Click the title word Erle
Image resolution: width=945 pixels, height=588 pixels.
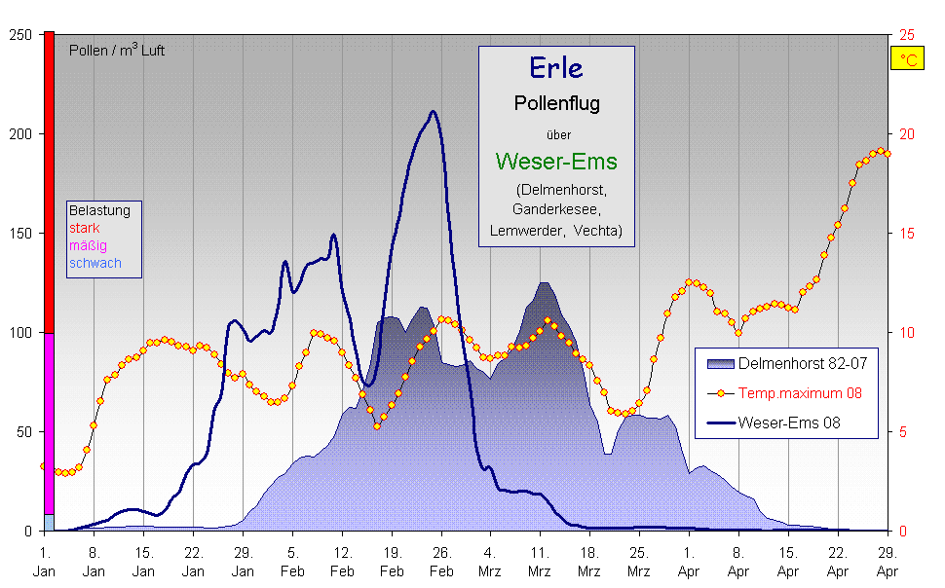coord(556,67)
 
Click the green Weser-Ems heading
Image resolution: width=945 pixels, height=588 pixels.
coord(556,161)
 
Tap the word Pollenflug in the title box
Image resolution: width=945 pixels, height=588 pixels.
coord(556,103)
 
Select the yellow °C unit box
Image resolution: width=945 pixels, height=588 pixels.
coord(908,60)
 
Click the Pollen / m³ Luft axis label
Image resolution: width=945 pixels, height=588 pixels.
coord(117,51)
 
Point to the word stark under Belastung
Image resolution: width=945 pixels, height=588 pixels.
coord(84,228)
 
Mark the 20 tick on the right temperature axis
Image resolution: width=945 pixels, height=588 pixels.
coord(906,134)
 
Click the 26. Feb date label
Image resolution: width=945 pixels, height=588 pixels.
coord(441,562)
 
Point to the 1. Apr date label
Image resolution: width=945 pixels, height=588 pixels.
coord(690,562)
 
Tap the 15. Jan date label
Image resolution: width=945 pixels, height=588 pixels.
coord(143,562)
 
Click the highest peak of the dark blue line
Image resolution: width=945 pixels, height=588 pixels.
coord(433,112)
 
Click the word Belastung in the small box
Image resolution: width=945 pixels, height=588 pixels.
coord(98,210)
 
